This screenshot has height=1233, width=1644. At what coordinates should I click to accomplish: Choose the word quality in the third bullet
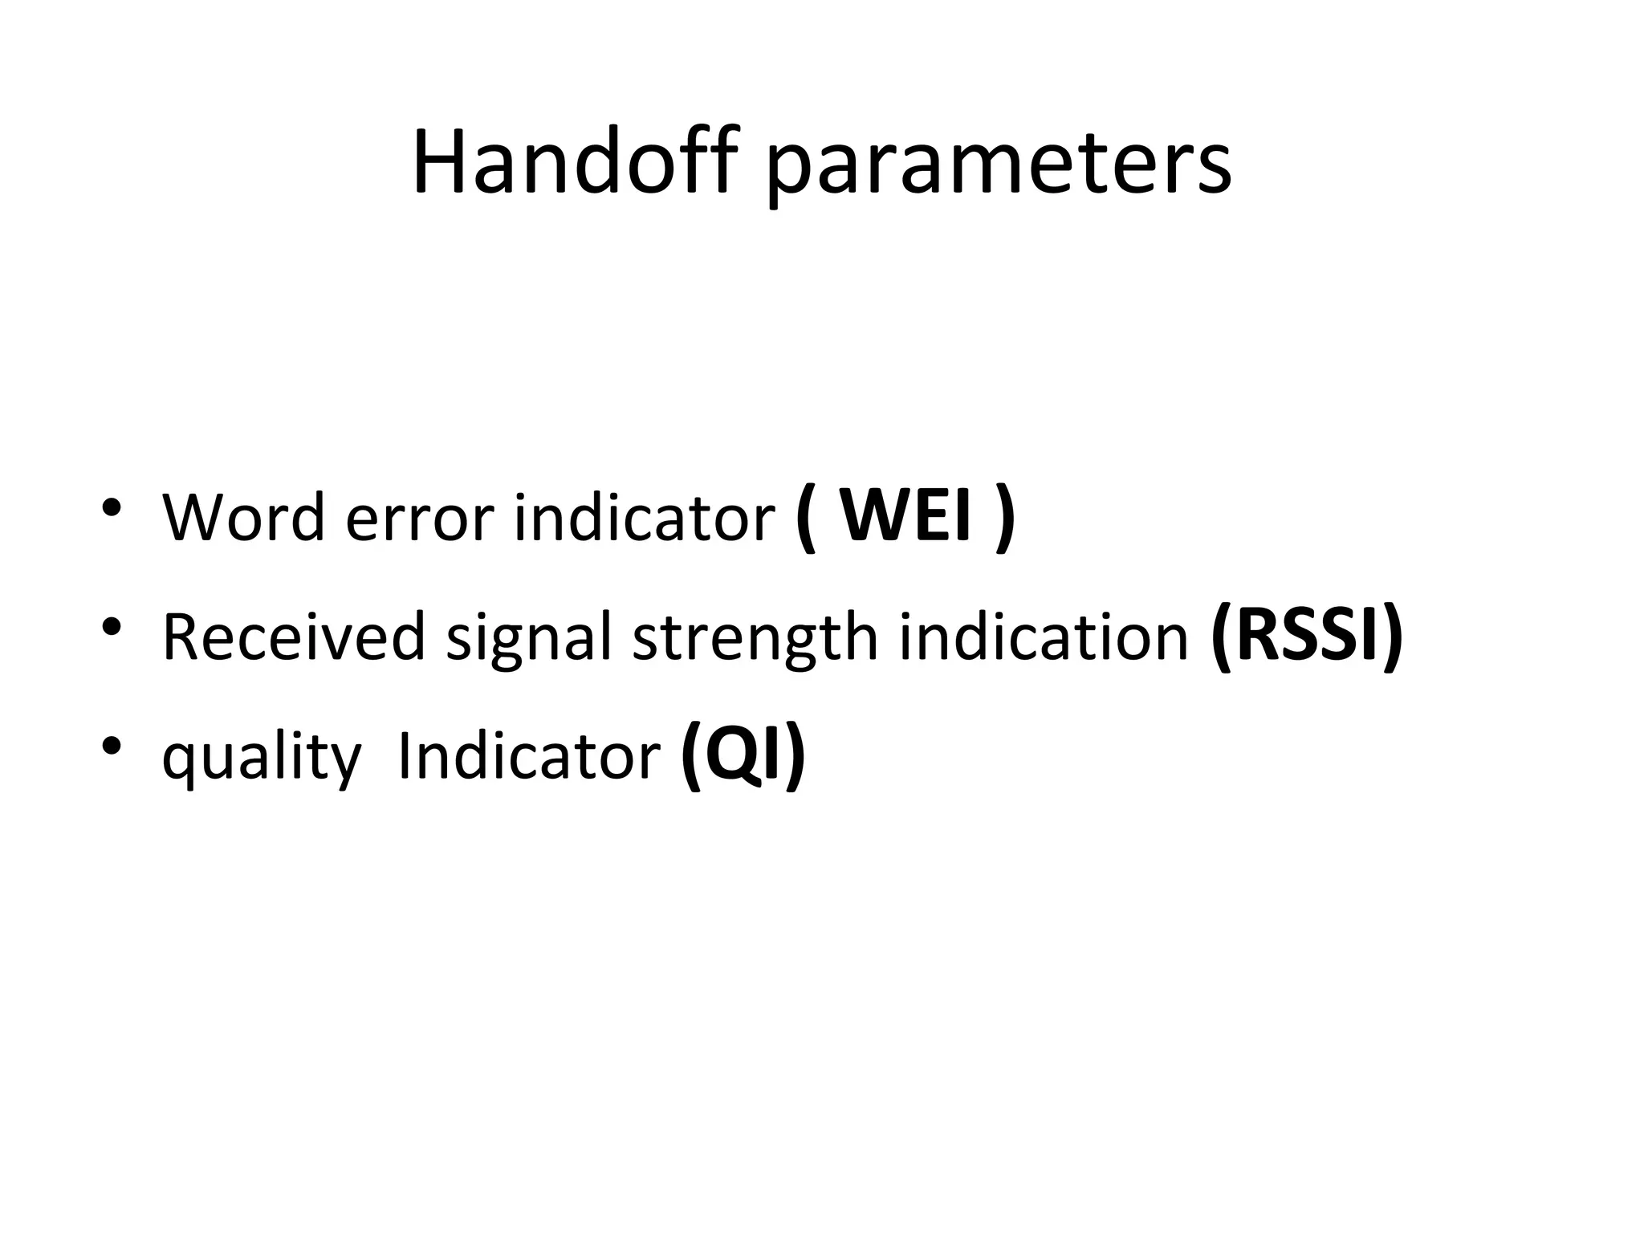262,759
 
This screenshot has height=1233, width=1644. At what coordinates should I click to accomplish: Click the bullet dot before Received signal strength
112,626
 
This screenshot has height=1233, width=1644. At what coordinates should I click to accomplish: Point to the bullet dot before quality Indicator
112,746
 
